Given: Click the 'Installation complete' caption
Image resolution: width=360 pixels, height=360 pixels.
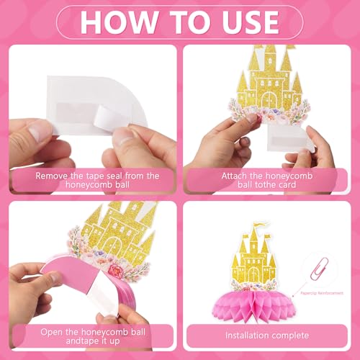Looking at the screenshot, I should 266,336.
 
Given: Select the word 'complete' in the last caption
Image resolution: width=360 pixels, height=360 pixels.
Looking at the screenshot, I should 289,336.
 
